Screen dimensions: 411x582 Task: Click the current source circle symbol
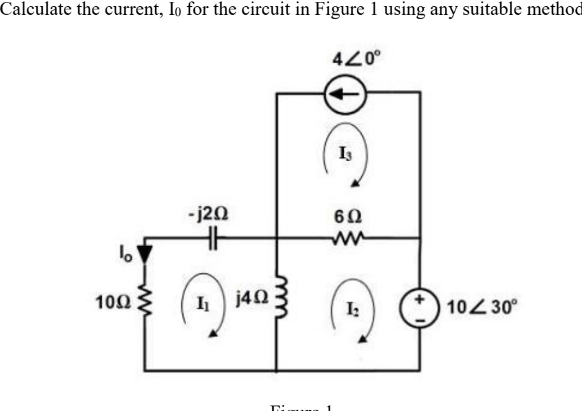click(x=348, y=95)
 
